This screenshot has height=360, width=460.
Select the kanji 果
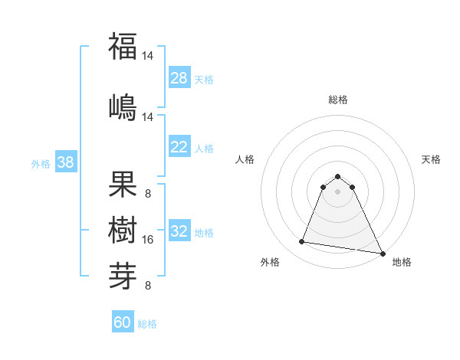123,185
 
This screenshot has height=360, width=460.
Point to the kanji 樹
123,227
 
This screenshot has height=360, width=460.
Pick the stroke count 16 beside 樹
148,240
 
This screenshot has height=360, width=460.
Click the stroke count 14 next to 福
148,56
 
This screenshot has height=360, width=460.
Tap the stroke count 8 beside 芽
148,286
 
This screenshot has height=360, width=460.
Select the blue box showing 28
179,77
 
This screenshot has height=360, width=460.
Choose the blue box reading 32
179,231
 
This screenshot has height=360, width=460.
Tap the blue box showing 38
65,162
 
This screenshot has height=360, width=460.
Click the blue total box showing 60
123,322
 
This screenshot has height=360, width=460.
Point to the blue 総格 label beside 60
147,324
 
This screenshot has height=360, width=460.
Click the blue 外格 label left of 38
41,163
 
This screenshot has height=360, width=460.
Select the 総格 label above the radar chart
337,100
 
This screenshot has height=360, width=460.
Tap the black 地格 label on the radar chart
402,262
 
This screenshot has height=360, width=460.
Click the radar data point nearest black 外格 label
302,242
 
